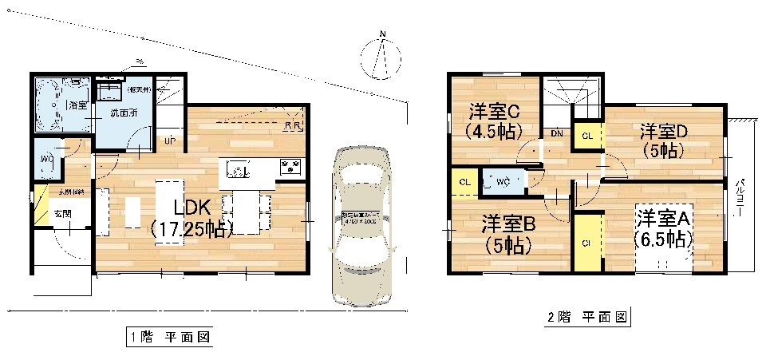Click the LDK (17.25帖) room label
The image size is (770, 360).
click(192, 217)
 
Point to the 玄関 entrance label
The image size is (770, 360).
click(61, 213)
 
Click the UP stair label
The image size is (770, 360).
click(170, 140)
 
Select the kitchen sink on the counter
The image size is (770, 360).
click(239, 168)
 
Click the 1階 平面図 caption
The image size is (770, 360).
click(169, 337)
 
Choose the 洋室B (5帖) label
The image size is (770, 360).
click(507, 235)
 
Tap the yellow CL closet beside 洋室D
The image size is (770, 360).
click(587, 136)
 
